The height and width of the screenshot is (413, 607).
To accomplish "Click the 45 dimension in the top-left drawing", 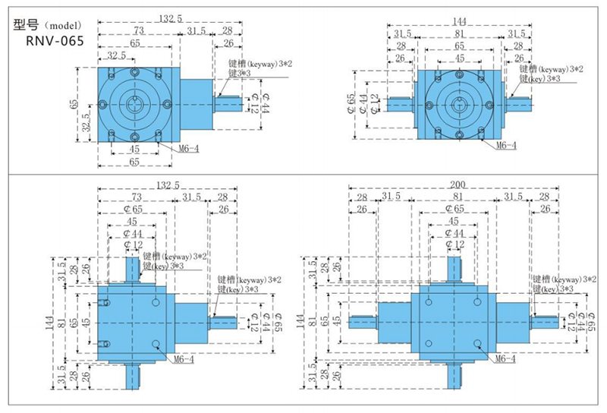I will click(x=134, y=149).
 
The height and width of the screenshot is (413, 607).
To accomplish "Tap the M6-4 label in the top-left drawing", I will click(x=186, y=149).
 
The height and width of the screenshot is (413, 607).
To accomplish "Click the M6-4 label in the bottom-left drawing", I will click(x=182, y=359).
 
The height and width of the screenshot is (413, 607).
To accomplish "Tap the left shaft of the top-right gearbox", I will click(x=401, y=104).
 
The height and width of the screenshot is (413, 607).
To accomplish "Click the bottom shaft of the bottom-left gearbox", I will click(x=134, y=373).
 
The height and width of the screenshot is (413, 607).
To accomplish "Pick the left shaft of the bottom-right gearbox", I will click(x=363, y=321).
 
